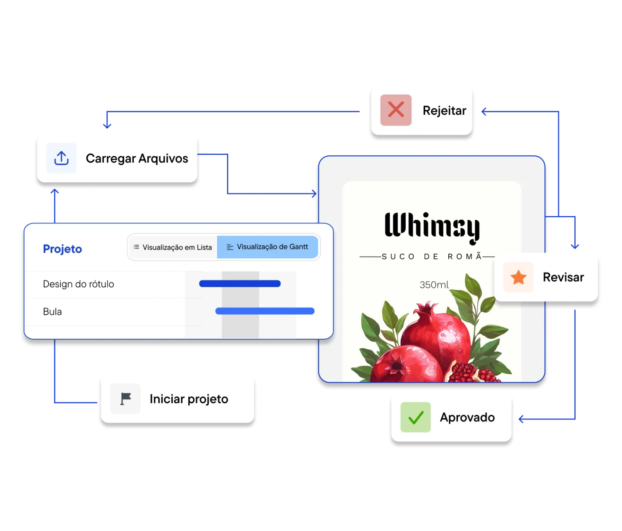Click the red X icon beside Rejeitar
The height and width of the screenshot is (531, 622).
click(396, 110)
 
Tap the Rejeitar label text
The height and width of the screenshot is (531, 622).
click(444, 110)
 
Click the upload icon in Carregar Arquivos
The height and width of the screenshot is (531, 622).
click(61, 158)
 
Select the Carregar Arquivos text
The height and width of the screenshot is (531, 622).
click(137, 158)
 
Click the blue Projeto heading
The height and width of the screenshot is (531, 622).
click(62, 249)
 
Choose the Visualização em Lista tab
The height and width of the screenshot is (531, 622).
click(173, 247)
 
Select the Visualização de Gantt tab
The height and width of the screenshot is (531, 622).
click(268, 247)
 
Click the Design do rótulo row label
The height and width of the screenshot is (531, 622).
click(79, 284)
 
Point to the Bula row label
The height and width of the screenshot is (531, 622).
click(52, 312)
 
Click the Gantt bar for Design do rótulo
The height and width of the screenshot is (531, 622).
click(240, 284)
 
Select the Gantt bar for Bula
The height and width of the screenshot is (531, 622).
click(265, 311)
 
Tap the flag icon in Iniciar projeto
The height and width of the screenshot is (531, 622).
click(126, 399)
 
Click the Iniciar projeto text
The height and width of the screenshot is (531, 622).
click(189, 399)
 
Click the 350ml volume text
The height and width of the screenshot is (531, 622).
click(434, 285)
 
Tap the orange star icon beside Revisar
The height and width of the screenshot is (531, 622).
click(518, 278)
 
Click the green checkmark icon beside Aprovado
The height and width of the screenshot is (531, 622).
click(415, 417)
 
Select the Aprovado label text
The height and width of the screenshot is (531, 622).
click(467, 418)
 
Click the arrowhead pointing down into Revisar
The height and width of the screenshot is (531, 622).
click(575, 246)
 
